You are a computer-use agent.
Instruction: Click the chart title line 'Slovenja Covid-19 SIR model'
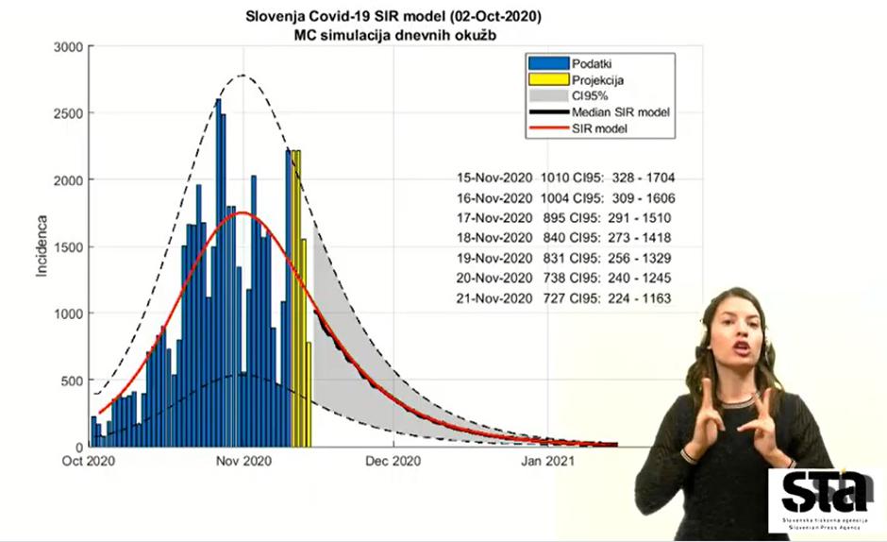393,17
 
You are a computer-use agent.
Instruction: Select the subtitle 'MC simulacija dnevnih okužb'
393,35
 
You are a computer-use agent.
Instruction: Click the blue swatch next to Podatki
548,62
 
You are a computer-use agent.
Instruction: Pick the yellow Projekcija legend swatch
548,79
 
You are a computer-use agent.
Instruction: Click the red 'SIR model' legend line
548,127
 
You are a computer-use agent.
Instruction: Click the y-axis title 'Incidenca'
42,246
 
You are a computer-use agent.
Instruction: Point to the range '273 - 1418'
642,238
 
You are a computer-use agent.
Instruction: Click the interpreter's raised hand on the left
701,415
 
